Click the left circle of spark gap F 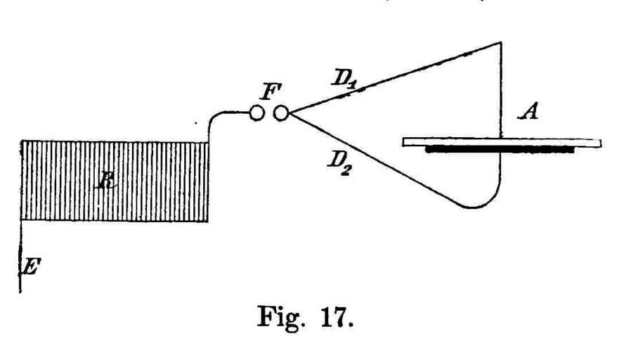(257, 112)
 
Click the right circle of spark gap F (280, 112)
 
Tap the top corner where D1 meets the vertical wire (500, 43)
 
